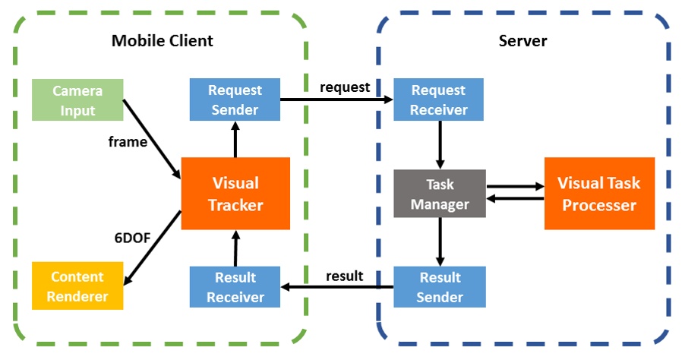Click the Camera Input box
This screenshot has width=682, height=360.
point(77,100)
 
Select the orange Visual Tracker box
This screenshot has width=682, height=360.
point(235,194)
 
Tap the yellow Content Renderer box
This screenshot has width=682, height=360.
point(77,286)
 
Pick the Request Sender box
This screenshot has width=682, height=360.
point(235,100)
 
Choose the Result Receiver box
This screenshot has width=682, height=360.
point(235,286)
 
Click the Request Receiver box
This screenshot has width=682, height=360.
point(438,100)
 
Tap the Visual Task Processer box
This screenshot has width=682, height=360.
point(599,194)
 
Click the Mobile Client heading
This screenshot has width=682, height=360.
point(162,40)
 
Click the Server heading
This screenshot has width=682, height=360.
point(523,40)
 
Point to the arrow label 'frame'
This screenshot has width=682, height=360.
point(128,141)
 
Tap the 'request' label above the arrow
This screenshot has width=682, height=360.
point(345,87)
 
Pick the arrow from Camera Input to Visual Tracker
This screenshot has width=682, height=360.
point(151,139)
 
